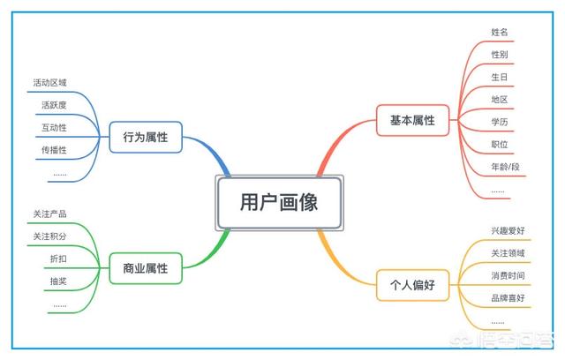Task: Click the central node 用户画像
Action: [278, 202]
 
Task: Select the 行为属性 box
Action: [146, 138]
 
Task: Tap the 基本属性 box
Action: [412, 119]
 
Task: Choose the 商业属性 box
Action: [146, 267]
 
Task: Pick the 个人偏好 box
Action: [412, 285]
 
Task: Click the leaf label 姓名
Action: [499, 32]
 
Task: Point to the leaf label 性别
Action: [499, 54]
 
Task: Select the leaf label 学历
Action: [499, 121]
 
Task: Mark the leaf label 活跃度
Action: [54, 104]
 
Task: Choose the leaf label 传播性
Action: [54, 150]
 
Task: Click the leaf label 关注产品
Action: [50, 214]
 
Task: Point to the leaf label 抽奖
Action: [58, 281]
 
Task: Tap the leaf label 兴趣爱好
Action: [508, 230]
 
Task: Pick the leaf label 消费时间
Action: [508, 275]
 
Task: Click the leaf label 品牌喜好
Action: [508, 298]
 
